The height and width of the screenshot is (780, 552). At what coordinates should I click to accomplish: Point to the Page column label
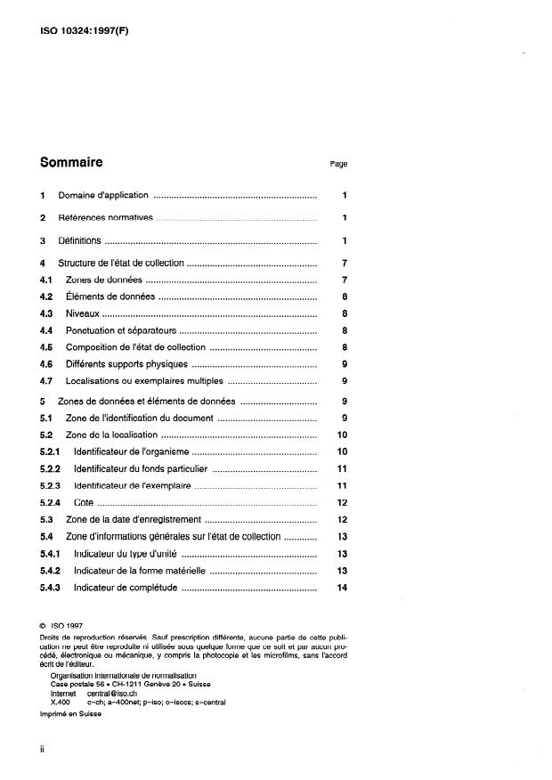[338, 164]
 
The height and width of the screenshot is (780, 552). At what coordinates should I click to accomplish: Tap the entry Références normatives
[106, 218]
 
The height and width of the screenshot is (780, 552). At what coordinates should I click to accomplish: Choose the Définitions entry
[79, 241]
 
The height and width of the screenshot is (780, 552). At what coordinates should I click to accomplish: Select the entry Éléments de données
[110, 297]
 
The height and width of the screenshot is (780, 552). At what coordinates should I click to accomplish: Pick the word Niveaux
[83, 313]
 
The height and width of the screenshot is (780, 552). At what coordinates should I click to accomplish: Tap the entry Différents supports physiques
[126, 363]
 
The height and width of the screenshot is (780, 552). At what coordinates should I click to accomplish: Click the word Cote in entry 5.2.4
[84, 503]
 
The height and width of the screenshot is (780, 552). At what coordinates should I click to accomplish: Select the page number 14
[343, 588]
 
